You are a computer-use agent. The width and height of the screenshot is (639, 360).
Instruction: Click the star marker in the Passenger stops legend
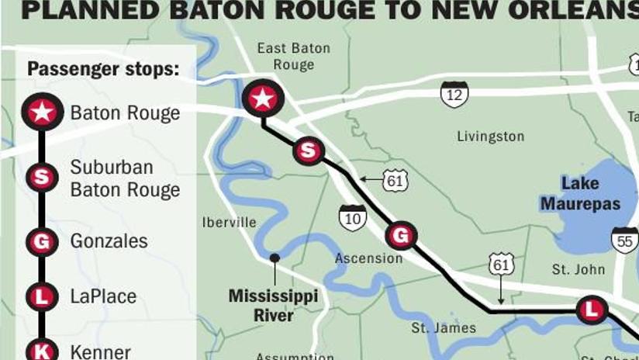pyautogui.click(x=41, y=112)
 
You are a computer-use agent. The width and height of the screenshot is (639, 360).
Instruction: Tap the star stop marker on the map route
pyautogui.click(x=263, y=99)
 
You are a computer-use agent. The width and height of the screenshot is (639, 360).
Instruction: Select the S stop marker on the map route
pyautogui.click(x=309, y=150)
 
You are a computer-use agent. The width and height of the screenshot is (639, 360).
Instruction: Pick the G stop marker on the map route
pyautogui.click(x=401, y=234)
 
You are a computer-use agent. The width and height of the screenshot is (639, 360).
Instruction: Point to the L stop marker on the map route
pyautogui.click(x=591, y=310)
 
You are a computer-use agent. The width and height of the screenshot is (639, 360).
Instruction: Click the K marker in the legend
pyautogui.click(x=41, y=351)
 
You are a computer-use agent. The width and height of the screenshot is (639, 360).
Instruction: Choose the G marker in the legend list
pyautogui.click(x=41, y=242)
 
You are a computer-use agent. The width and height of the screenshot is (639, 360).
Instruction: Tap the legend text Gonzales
pyautogui.click(x=109, y=241)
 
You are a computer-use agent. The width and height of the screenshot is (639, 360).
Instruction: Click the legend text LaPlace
pyautogui.click(x=103, y=296)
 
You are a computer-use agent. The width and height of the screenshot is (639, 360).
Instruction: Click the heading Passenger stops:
pyautogui.click(x=103, y=69)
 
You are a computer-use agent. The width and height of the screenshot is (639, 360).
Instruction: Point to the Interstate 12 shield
pyautogui.click(x=454, y=94)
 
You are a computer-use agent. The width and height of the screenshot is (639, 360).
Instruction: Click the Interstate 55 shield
pyautogui.click(x=623, y=241)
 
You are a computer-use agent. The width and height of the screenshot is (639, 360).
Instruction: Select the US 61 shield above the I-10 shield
pyautogui.click(x=395, y=181)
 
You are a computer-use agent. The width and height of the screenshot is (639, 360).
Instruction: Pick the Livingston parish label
pyautogui.click(x=490, y=137)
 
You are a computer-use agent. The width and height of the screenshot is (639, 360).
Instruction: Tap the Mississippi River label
pyautogui.click(x=274, y=306)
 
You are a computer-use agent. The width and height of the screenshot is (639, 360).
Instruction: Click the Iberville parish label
pyautogui.click(x=229, y=222)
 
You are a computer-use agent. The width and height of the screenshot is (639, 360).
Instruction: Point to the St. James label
pyautogui.click(x=444, y=328)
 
